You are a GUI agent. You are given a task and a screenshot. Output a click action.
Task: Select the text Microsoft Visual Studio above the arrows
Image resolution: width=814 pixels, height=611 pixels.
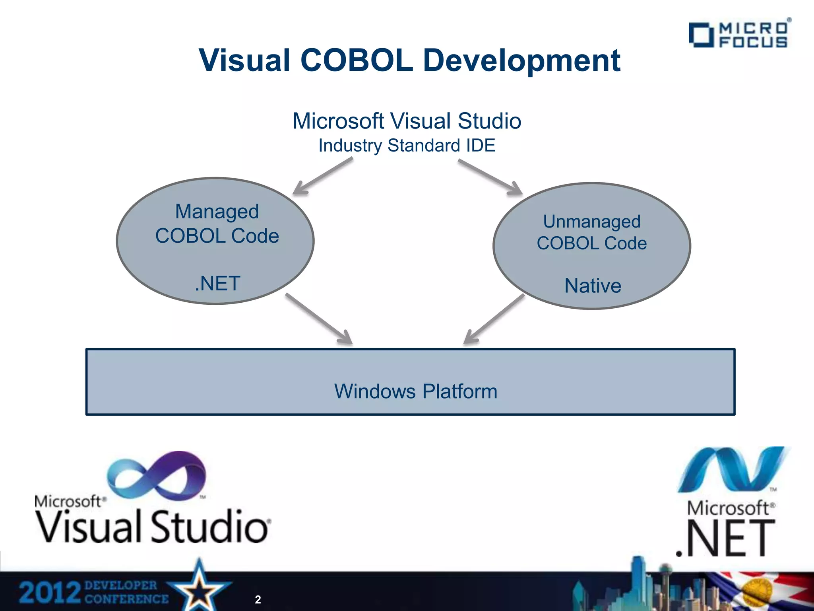pos(407,121)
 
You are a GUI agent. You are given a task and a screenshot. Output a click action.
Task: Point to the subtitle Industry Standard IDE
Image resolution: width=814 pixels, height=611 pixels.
pos(407,146)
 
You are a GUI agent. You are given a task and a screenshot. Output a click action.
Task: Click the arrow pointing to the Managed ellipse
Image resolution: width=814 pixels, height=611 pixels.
pos(322,176)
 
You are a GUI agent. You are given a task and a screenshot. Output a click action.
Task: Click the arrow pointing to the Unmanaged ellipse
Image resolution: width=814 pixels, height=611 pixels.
pos(491,177)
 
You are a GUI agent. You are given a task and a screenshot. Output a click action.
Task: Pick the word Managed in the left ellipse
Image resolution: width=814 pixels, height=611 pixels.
pos(217,212)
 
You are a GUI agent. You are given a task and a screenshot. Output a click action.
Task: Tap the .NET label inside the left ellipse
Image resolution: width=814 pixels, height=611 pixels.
pos(217,284)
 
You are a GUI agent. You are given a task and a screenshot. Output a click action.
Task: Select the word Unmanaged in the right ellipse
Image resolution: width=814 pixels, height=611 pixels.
pos(592,222)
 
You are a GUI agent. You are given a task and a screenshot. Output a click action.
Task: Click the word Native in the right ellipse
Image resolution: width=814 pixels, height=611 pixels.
pos(593,286)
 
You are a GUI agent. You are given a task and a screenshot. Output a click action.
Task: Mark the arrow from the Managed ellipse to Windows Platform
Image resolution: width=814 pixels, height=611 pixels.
pos(319,319)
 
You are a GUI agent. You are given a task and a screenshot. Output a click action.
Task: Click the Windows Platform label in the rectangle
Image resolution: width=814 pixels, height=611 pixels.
pos(416,391)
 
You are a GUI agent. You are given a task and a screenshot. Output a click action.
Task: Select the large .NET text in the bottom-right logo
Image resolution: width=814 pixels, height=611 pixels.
pos(726,539)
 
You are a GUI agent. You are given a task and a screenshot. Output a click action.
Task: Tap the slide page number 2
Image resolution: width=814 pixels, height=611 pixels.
pos(258,599)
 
